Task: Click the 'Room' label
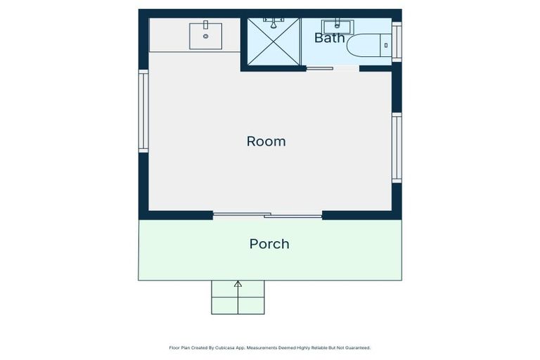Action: [266, 141]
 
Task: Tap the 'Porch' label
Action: [269, 244]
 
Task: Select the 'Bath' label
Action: [330, 37]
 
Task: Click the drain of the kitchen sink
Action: [205, 36]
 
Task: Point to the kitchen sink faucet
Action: [205, 25]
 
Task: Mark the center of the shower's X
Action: [274, 41]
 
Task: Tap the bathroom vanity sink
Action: [337, 27]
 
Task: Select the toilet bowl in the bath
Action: [364, 45]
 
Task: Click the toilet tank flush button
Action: [386, 45]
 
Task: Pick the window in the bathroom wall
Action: [397, 41]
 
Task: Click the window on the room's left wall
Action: [143, 111]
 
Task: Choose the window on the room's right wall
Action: [397, 148]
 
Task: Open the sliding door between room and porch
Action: [268, 215]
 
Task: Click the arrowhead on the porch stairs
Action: [238, 284]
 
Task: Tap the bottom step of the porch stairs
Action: [238, 306]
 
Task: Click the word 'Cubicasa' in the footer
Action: [225, 348]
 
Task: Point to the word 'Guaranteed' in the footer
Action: [359, 348]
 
